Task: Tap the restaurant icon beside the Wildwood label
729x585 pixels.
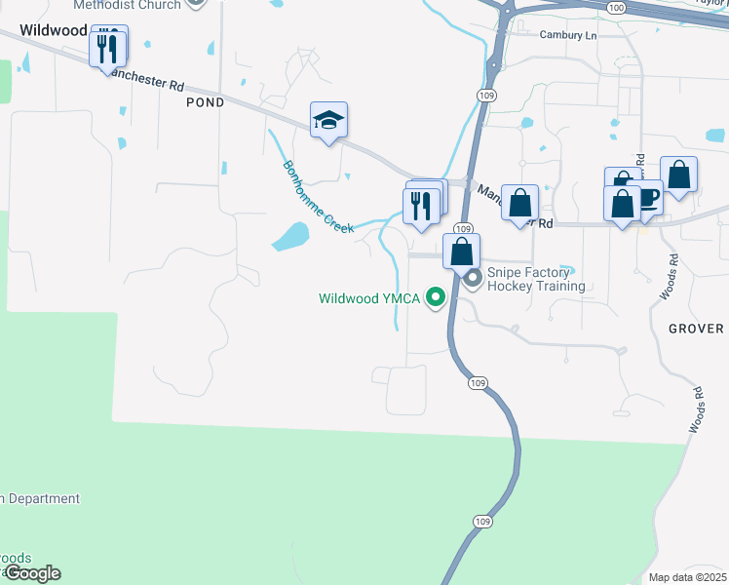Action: (x=108, y=48)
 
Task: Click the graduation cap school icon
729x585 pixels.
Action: (x=328, y=121)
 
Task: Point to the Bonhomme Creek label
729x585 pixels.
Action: (x=318, y=196)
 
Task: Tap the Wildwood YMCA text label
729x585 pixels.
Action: (x=369, y=299)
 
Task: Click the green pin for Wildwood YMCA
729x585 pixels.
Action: (x=437, y=298)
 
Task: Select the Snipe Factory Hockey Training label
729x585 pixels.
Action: (x=537, y=279)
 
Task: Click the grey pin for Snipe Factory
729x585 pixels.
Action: (x=474, y=280)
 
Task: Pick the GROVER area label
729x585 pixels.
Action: (x=696, y=329)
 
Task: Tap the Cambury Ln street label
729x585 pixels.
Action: (x=568, y=35)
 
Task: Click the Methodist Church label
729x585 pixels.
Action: (x=127, y=5)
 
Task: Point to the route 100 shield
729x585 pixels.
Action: (x=615, y=7)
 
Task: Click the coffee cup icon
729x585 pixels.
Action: (x=646, y=198)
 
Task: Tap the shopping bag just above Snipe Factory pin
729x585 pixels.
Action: (x=461, y=251)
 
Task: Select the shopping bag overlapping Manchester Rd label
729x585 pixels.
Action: (x=521, y=203)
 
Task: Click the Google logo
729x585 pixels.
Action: (x=31, y=573)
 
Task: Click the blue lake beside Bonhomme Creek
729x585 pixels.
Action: (x=290, y=235)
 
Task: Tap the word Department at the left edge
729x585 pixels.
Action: (x=44, y=499)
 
